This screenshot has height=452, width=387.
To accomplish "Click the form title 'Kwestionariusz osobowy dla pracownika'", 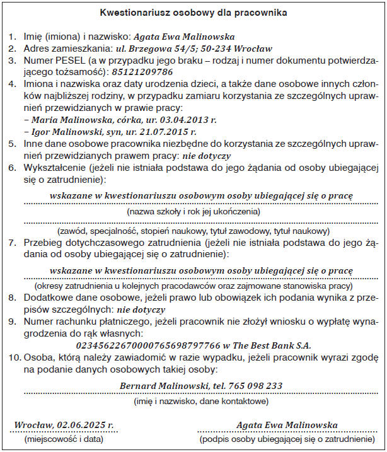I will click(x=193, y=12).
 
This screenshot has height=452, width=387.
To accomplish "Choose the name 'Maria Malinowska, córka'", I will click(x=76, y=120).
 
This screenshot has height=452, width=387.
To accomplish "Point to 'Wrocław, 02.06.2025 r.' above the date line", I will click(x=63, y=426).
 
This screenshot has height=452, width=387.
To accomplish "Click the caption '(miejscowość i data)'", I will click(x=63, y=439).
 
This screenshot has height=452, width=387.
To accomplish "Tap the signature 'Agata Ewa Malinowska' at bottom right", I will click(x=287, y=426).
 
